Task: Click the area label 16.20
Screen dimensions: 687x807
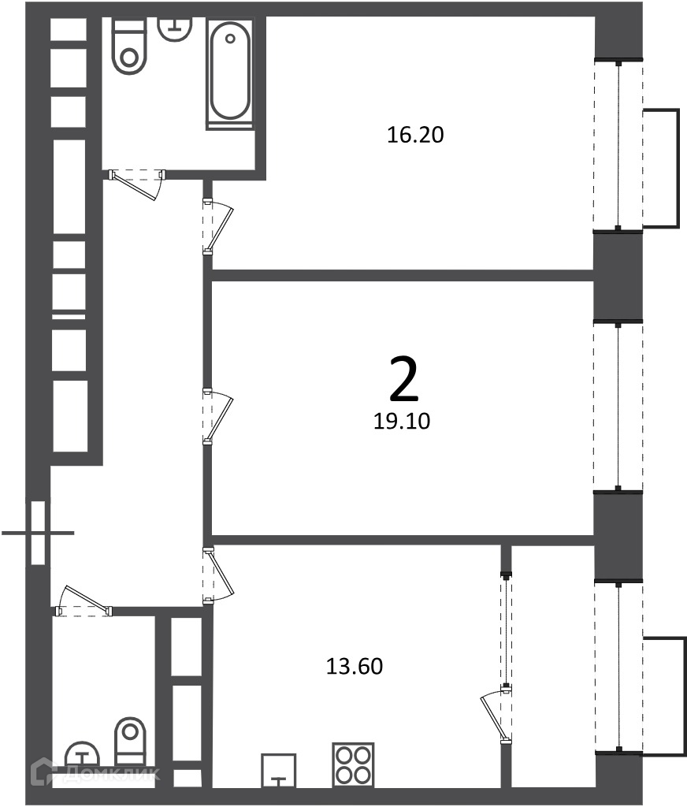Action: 414,135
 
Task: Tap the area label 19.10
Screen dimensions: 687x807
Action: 402,421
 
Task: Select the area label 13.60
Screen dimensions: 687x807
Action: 355,667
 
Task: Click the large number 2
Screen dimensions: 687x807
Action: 404,380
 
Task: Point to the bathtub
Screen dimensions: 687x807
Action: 230,73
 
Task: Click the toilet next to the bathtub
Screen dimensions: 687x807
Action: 129,46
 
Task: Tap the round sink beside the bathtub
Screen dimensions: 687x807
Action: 175,28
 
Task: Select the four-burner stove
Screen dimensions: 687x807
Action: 353,764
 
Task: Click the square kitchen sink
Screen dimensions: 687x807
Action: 278,771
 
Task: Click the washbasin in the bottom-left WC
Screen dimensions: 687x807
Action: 83,754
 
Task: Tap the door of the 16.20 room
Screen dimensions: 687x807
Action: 217,226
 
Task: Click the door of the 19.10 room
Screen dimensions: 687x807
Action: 217,417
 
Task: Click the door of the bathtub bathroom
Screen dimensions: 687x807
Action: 137,182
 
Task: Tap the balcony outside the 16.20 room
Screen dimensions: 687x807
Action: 661,168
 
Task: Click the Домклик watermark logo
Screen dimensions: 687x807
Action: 95,772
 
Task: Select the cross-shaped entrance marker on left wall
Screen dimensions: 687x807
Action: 38,533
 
